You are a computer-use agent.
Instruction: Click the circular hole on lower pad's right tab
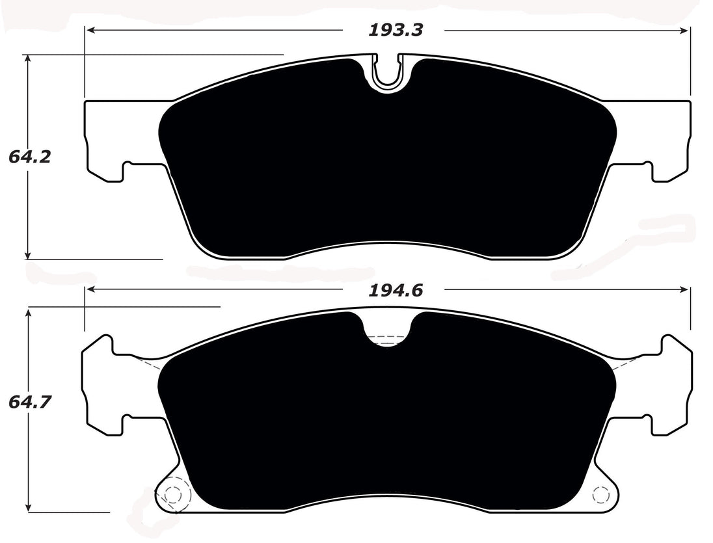[602, 496]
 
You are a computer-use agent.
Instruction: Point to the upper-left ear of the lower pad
[101, 351]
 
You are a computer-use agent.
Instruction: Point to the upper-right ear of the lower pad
[673, 351]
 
